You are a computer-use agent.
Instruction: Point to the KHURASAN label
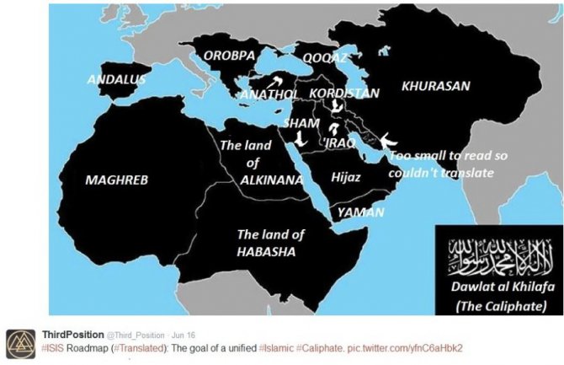pos(435,86)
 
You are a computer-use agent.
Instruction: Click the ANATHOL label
pos(269,94)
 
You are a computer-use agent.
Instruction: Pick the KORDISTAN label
pos(344,93)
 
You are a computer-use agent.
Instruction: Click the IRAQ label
pos(341,143)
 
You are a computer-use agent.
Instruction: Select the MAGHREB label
pos(116,180)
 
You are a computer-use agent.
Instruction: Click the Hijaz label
pos(346,177)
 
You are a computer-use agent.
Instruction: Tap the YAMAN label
pos(360,212)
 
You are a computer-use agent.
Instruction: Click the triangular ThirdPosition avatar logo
pos(18,339)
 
